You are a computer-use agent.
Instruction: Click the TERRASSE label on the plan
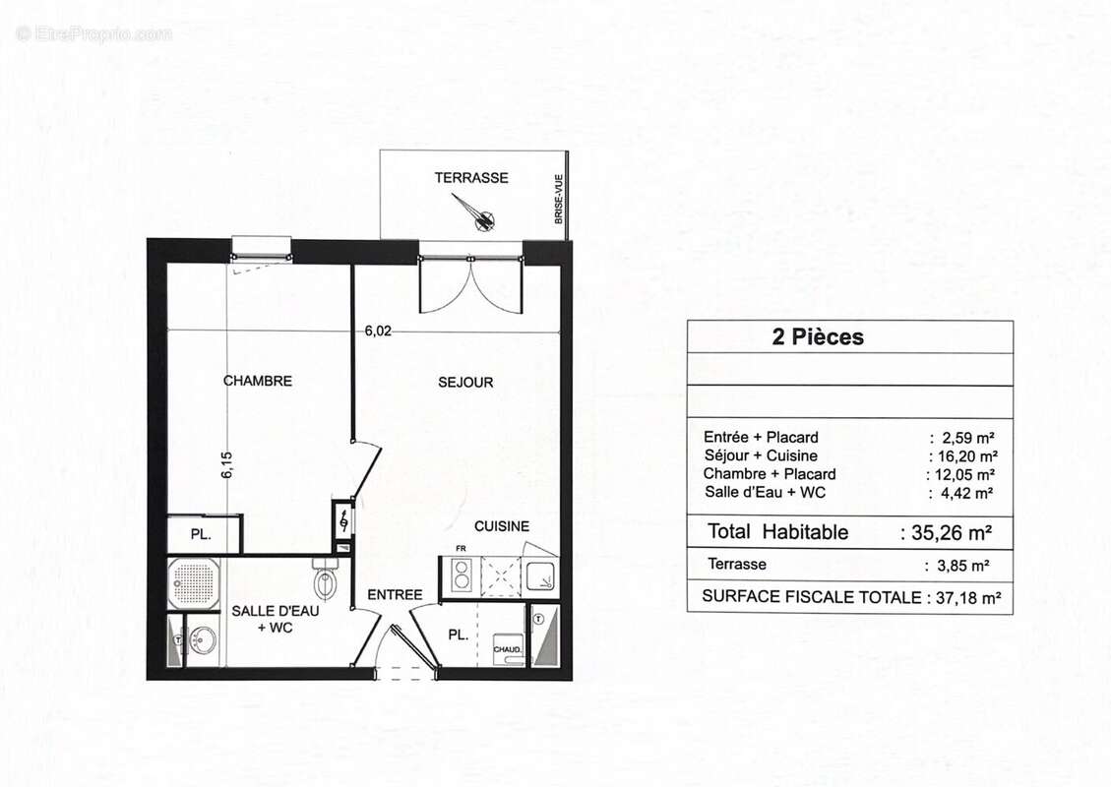pos(471,178)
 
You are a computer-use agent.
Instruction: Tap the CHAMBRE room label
pos(258,381)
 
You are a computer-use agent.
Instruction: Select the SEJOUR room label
pos(465,382)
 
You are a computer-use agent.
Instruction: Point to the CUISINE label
pos(502,526)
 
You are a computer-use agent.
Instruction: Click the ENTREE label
pos(395,594)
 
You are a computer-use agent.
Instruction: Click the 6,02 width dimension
pos(378,332)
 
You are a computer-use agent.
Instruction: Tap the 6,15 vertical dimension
pos(226,464)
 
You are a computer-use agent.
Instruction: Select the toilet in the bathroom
pos(326,580)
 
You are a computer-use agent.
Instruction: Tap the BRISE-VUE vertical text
pos(558,199)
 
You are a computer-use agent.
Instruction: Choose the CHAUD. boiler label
pos(507,649)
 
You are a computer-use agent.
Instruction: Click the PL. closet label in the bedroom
pos(200,536)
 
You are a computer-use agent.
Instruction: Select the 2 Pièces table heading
pos(818,337)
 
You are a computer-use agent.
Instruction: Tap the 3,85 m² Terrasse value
pos(957,566)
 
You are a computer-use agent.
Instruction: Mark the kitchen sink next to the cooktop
pos(540,576)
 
